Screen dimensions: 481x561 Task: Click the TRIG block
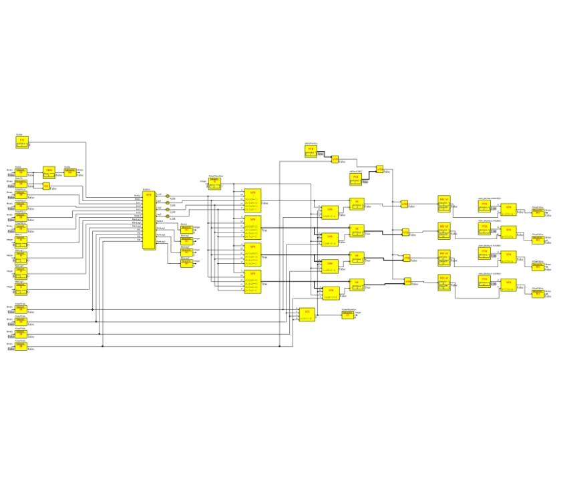(49, 172)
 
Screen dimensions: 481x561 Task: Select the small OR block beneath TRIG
(46, 186)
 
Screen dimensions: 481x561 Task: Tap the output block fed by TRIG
(70, 172)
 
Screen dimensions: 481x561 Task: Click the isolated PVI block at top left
(21, 142)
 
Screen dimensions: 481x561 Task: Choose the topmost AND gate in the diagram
(335, 159)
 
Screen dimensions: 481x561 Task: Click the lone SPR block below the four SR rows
(307, 315)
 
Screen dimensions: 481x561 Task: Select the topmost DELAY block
(444, 202)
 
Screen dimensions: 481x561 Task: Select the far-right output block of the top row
(538, 212)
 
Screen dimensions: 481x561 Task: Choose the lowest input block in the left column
(21, 347)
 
